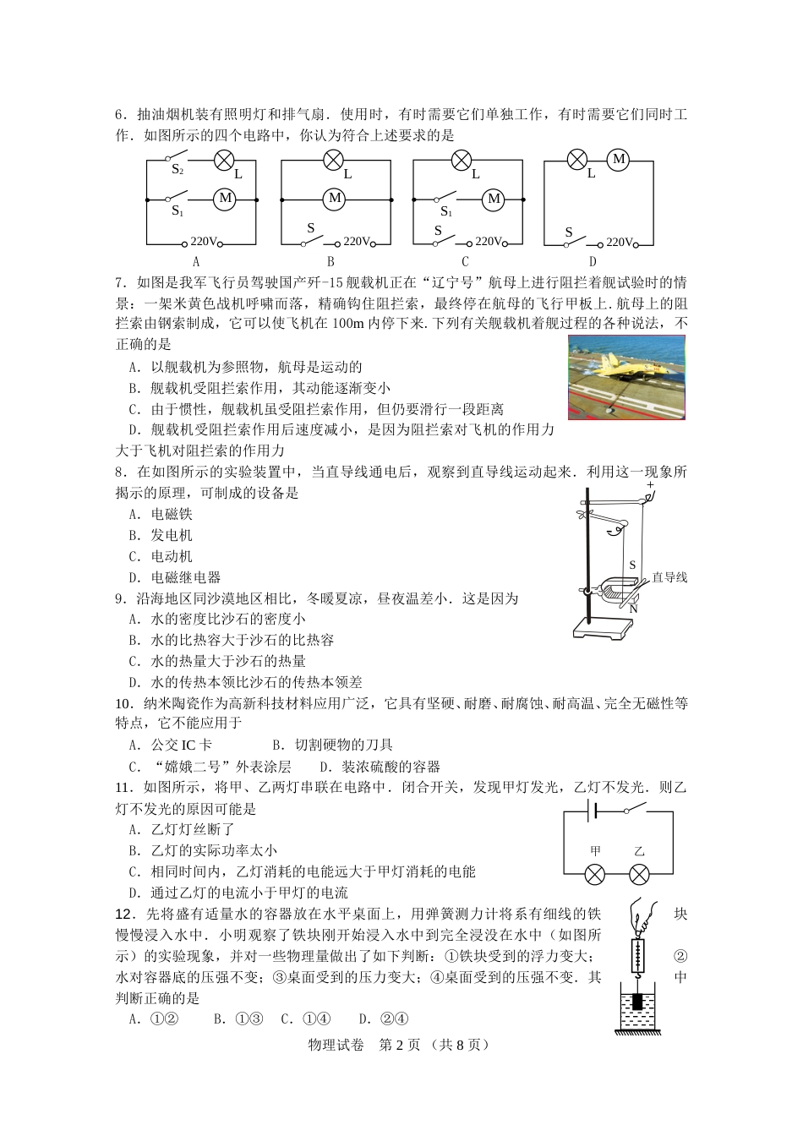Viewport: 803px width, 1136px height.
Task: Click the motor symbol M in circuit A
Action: click(x=226, y=199)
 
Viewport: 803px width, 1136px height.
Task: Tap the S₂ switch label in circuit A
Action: click(x=178, y=170)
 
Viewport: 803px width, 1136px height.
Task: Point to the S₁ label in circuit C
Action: click(x=446, y=212)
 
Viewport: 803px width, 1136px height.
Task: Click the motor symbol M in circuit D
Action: click(x=619, y=159)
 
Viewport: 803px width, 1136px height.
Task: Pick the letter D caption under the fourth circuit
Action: click(x=593, y=262)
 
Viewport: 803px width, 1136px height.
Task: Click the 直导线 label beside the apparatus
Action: click(x=669, y=577)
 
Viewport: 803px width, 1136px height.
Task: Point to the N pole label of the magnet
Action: click(x=633, y=609)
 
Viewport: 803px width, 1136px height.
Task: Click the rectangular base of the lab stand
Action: click(x=603, y=627)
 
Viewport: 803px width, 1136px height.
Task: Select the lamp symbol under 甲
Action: click(x=595, y=875)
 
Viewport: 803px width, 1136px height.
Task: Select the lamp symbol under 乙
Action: click(x=640, y=875)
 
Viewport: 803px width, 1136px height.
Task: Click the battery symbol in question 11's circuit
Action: click(x=593, y=812)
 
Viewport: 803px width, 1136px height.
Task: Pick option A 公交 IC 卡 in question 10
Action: click(x=171, y=745)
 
